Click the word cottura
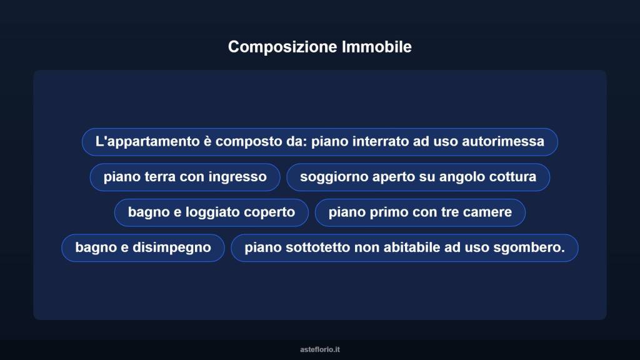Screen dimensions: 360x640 [x=512, y=177]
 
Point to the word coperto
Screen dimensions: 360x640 [x=269, y=212]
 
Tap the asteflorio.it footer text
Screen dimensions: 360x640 [x=320, y=349]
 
